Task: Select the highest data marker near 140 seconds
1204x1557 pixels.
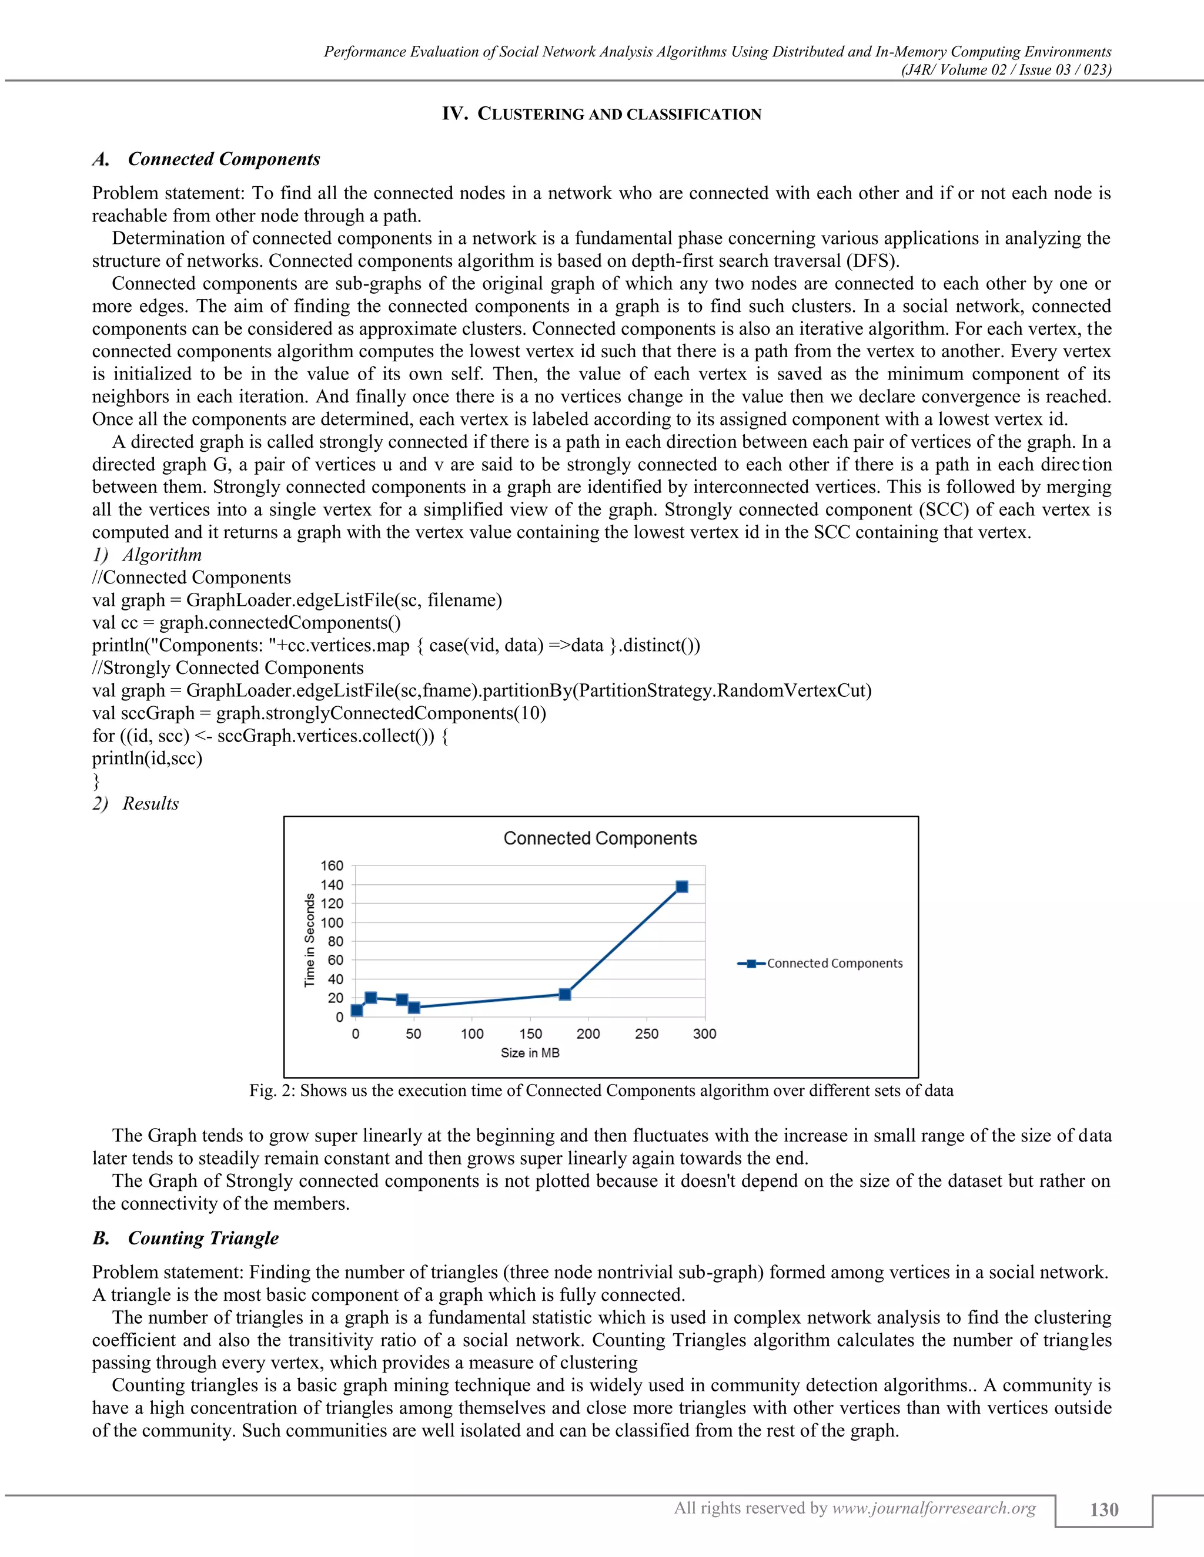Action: [682, 887]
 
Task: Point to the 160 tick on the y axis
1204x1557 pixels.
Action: [332, 865]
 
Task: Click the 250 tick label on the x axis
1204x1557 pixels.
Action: [646, 1033]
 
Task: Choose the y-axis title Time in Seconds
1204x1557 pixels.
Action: [310, 939]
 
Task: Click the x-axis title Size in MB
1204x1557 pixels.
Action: [530, 1053]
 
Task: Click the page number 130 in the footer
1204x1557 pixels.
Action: [1103, 1510]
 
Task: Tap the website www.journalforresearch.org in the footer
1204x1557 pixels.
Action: [934, 1508]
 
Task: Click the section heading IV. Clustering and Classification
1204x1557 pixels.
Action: [601, 114]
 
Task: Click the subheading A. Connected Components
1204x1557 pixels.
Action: [206, 159]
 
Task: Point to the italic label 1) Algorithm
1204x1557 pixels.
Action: [147, 555]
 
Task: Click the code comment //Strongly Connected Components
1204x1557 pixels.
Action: [228, 667]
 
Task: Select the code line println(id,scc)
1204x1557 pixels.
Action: [147, 758]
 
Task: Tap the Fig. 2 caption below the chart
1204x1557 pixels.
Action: [601, 1090]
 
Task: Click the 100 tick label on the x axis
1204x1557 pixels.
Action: [471, 1033]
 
